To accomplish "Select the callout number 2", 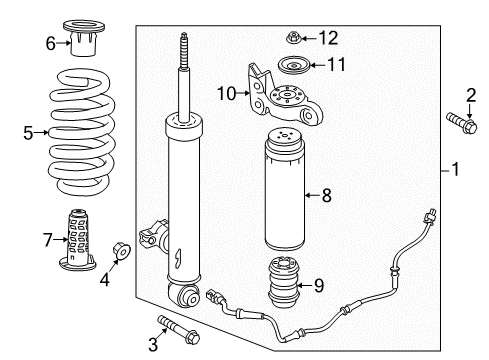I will click(472, 95).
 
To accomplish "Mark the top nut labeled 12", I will click(294, 39).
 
